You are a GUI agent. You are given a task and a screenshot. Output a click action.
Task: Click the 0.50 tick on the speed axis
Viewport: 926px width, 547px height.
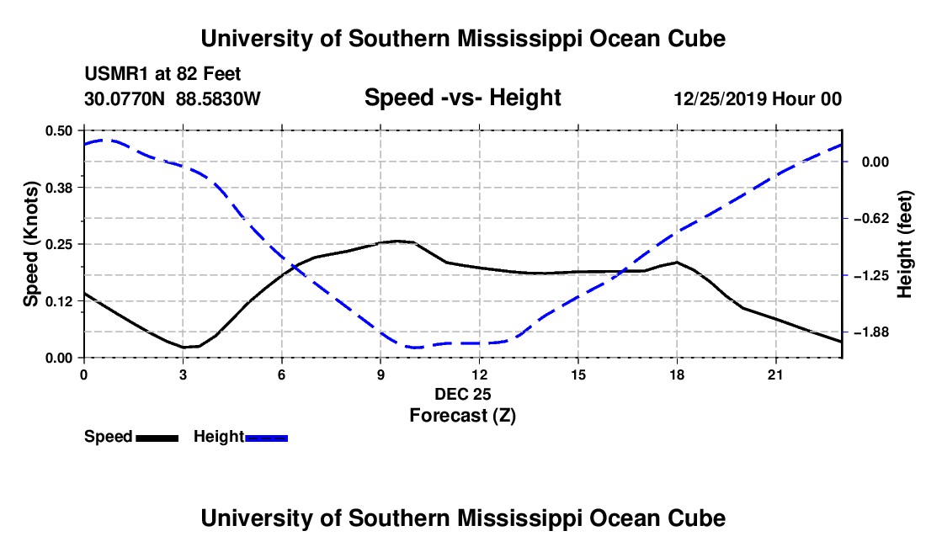tap(58, 130)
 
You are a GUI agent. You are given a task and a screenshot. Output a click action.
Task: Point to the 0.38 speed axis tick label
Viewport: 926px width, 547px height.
tap(58, 188)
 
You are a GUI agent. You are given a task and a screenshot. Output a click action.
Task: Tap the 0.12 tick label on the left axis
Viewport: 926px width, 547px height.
tap(58, 301)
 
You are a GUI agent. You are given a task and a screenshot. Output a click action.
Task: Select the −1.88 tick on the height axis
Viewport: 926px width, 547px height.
tap(870, 332)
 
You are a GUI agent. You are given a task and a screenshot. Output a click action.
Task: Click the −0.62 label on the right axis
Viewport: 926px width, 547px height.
tap(870, 219)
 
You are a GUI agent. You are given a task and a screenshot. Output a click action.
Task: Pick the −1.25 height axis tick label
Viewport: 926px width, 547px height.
tap(870, 275)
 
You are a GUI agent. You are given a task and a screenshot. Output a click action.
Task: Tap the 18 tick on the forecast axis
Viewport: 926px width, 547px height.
tap(677, 374)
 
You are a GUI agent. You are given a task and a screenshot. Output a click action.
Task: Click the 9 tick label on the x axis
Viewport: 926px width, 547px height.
tap(381, 374)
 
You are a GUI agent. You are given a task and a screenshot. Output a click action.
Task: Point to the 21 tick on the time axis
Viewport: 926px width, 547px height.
tap(775, 374)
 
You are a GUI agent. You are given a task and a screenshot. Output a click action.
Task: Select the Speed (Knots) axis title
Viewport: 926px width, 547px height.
tap(30, 244)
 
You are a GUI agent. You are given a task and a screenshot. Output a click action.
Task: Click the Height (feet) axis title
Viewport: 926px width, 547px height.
tap(905, 244)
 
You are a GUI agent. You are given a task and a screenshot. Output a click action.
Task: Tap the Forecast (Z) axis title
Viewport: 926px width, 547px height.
tap(463, 416)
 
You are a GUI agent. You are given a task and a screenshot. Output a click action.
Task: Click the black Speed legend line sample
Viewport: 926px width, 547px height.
tap(157, 438)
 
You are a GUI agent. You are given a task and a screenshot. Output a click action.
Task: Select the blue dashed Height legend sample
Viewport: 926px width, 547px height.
tap(266, 438)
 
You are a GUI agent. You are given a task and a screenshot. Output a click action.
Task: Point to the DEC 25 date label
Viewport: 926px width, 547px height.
tap(463, 394)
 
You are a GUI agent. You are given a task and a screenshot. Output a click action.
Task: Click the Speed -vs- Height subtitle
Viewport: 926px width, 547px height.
tap(463, 98)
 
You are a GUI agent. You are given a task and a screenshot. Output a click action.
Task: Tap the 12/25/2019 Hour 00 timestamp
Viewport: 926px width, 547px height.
tap(758, 98)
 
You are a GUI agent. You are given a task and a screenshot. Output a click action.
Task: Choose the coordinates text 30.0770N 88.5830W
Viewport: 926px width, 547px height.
tap(173, 98)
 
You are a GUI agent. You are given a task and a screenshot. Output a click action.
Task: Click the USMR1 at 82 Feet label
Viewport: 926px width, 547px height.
tap(162, 74)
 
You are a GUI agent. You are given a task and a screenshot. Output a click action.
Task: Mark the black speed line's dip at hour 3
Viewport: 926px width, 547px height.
tap(184, 347)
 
